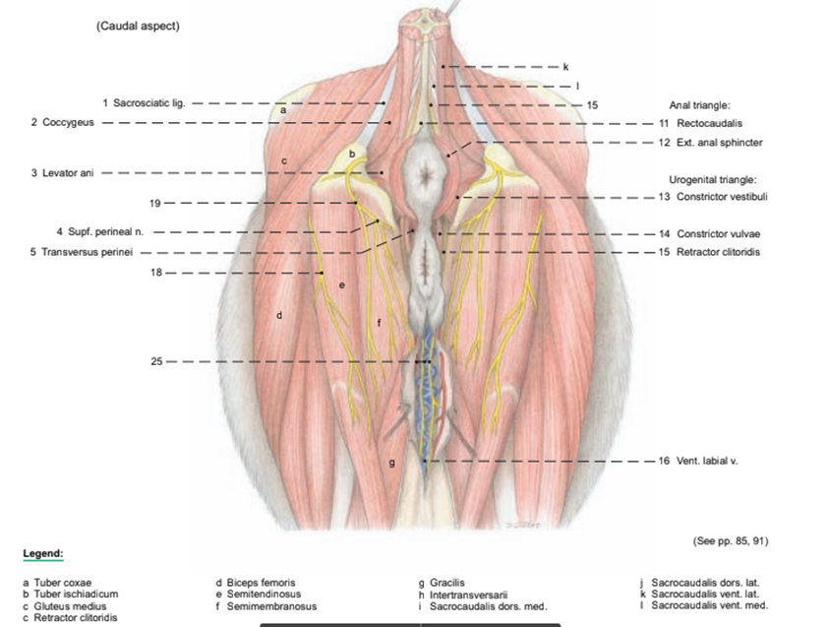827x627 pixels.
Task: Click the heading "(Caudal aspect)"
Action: [138, 26]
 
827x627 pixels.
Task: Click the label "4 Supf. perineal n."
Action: [100, 232]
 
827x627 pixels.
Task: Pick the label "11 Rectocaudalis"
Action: [699, 124]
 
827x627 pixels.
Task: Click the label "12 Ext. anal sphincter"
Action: [709, 143]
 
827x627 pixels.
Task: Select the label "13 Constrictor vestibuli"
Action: [712, 197]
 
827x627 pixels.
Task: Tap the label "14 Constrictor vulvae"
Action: [708, 234]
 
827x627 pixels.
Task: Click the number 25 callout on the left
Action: [156, 362]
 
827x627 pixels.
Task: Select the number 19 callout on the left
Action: [155, 203]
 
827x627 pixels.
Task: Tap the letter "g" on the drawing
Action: [392, 462]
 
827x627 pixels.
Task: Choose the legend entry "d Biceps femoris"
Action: [255, 583]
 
